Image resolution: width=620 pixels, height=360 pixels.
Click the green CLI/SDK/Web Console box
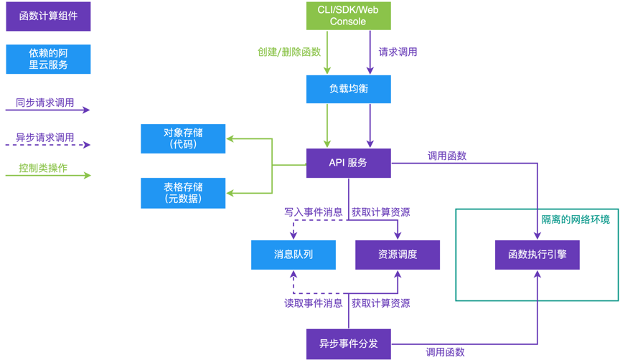[x=348, y=16]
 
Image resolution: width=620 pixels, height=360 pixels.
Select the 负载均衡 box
[x=348, y=89]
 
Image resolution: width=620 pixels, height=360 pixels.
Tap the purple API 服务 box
[x=348, y=163]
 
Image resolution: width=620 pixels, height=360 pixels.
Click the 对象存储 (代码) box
[x=183, y=138]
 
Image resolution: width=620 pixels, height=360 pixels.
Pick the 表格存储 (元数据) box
[x=183, y=193]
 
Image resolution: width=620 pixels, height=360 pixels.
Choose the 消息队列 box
[x=293, y=255]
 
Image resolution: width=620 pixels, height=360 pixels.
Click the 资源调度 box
[x=398, y=255]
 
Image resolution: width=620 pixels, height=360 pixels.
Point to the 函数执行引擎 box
[x=537, y=255]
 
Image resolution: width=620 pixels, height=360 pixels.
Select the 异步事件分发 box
[x=348, y=344]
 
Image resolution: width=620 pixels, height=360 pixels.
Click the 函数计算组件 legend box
[x=48, y=16]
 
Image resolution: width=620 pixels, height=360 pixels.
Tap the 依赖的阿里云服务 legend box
[x=48, y=59]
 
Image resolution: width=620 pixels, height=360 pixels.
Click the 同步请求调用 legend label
[x=45, y=103]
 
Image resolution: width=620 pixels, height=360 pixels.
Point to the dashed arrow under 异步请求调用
[x=48, y=145]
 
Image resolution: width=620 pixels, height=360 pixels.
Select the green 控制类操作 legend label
[x=43, y=168]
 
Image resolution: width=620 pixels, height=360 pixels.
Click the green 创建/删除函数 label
[x=289, y=52]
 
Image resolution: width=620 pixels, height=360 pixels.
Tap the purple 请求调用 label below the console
[x=398, y=52]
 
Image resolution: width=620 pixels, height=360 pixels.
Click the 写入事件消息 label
[x=313, y=212]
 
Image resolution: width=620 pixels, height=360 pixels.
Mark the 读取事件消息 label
[x=313, y=303]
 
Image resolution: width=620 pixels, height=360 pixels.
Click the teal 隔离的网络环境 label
[x=576, y=219]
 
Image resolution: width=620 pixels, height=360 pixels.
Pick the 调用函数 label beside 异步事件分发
[x=445, y=352]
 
